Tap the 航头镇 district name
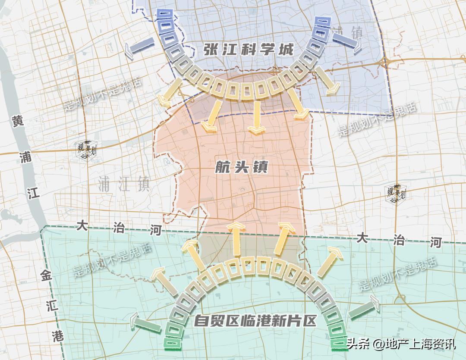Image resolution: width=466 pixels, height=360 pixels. point(242,168)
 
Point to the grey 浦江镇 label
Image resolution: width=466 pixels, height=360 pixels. point(124,184)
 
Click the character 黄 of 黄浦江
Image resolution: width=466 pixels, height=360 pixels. point(18,122)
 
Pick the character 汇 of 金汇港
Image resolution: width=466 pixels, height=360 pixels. point(50,305)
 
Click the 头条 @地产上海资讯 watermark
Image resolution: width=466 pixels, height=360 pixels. point(401,344)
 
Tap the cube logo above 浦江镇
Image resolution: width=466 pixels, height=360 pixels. point(85,150)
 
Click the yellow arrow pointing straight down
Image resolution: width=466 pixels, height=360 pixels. point(257,116)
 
